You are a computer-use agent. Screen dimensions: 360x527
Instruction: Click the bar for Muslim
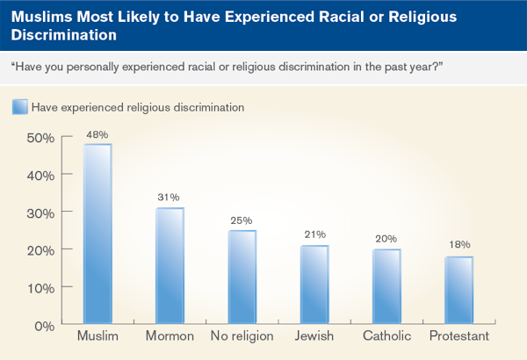[x=97, y=234]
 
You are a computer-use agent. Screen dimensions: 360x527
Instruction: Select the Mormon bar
[x=170, y=266]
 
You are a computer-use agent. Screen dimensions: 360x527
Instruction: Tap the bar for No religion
[x=242, y=277]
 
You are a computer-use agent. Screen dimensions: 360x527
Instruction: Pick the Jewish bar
[x=314, y=284]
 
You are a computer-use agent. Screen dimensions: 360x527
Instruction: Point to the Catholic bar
[x=386, y=286]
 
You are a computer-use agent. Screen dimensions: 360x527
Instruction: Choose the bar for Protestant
[x=458, y=291]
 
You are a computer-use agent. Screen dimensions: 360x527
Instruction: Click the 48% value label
[x=97, y=134]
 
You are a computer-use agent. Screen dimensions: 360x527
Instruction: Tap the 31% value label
[x=170, y=198]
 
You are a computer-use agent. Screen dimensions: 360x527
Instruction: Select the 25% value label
[x=242, y=220]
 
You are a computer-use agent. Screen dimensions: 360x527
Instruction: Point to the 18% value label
[x=458, y=246]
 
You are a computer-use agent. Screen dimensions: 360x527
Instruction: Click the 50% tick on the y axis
[x=40, y=138]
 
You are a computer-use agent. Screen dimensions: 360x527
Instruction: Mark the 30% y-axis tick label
[x=40, y=212]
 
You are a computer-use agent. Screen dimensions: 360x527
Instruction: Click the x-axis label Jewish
[x=314, y=337]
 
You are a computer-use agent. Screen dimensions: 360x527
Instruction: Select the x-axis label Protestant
[x=458, y=337]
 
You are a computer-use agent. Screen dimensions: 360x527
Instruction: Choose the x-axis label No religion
[x=242, y=337]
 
